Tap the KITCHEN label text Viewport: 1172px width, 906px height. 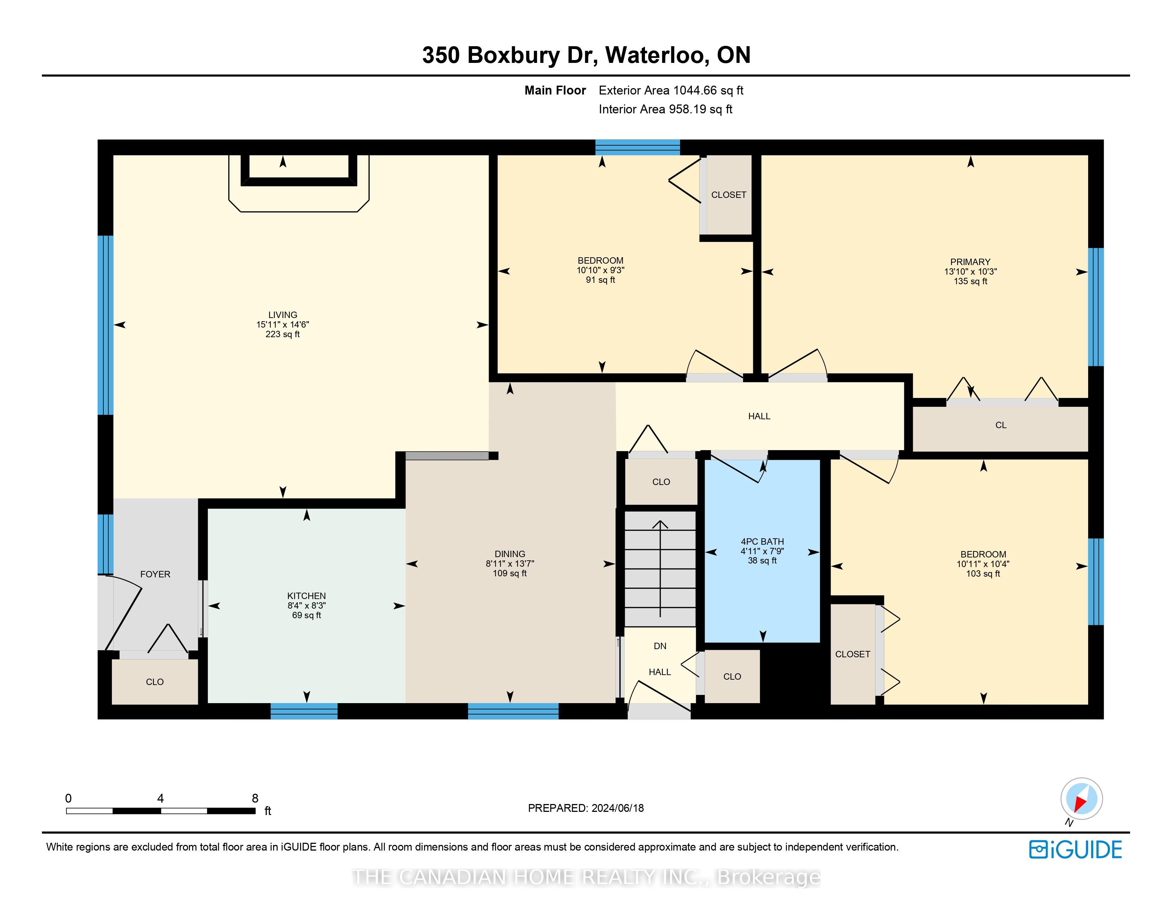click(x=306, y=596)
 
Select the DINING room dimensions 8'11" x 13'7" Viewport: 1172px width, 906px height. click(x=510, y=563)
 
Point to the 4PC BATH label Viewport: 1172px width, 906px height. click(x=762, y=541)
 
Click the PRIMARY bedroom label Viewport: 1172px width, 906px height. click(x=970, y=262)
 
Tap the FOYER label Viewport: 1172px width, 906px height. click(x=155, y=574)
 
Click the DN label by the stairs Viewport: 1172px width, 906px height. click(x=660, y=646)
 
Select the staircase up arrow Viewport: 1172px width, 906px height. click(x=660, y=569)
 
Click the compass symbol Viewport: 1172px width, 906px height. click(x=1081, y=799)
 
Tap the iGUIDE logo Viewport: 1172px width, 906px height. click(x=1075, y=850)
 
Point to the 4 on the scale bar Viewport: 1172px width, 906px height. click(x=161, y=798)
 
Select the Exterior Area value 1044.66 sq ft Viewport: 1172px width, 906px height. click(x=709, y=90)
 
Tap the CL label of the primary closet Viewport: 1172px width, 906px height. click(x=1001, y=425)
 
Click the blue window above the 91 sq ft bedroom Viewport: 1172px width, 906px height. click(x=637, y=147)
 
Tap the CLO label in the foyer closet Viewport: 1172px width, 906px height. click(x=154, y=682)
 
